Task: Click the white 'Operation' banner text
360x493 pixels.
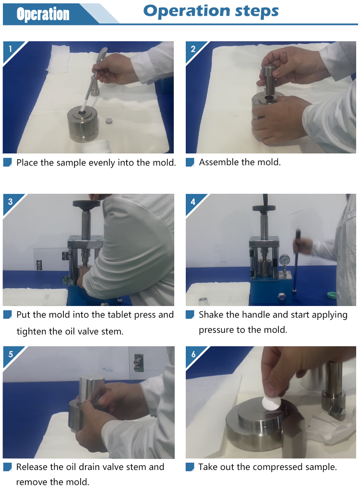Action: (43, 14)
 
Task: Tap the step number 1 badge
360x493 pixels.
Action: (10, 49)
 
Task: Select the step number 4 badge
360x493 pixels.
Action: (193, 201)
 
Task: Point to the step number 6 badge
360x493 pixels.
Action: (193, 354)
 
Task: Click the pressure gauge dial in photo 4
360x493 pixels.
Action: (285, 260)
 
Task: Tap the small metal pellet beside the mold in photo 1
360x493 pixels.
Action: (109, 121)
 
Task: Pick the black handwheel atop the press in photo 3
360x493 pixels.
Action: (86, 203)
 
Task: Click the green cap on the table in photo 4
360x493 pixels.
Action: (332, 295)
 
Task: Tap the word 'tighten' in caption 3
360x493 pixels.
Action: (31, 331)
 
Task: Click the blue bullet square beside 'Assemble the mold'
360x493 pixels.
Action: (190, 162)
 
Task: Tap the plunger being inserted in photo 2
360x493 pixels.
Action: (269, 81)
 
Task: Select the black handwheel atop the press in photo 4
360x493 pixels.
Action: (264, 208)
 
